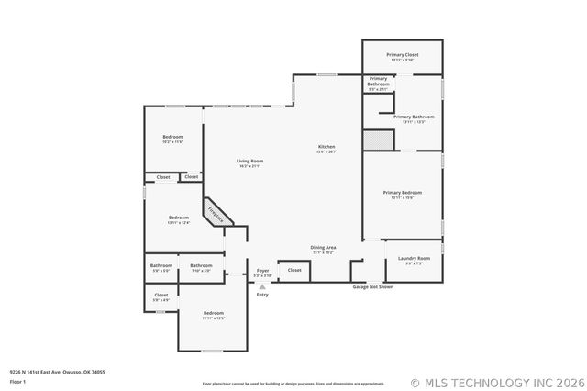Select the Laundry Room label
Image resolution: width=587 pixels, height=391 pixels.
pyautogui.click(x=414, y=260)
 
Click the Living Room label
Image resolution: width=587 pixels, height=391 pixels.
pyautogui.click(x=250, y=162)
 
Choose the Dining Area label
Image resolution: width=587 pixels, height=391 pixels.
pyautogui.click(x=322, y=249)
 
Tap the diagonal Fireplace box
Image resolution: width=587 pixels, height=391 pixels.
pyautogui.click(x=217, y=213)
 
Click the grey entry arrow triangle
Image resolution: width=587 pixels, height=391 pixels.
pyautogui.click(x=262, y=286)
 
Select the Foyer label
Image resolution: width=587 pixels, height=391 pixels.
pyautogui.click(x=262, y=272)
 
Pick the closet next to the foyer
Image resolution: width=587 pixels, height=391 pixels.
pyautogui.click(x=294, y=271)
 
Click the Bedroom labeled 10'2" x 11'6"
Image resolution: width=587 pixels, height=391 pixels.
pyautogui.click(x=172, y=139)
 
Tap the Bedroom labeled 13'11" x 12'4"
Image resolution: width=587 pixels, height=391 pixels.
pyautogui.click(x=178, y=219)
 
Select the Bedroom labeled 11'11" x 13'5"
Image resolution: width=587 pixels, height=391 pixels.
pyautogui.click(x=213, y=315)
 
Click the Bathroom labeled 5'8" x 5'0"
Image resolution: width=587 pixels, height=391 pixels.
pyautogui.click(x=161, y=267)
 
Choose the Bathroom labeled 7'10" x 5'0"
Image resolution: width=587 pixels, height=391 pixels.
pyautogui.click(x=201, y=267)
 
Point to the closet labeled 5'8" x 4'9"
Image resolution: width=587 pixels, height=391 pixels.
pyautogui.click(x=161, y=296)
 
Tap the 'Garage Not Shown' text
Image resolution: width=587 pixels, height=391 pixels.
pyautogui.click(x=373, y=287)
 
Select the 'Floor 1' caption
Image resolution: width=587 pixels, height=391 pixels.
pyautogui.click(x=17, y=381)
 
